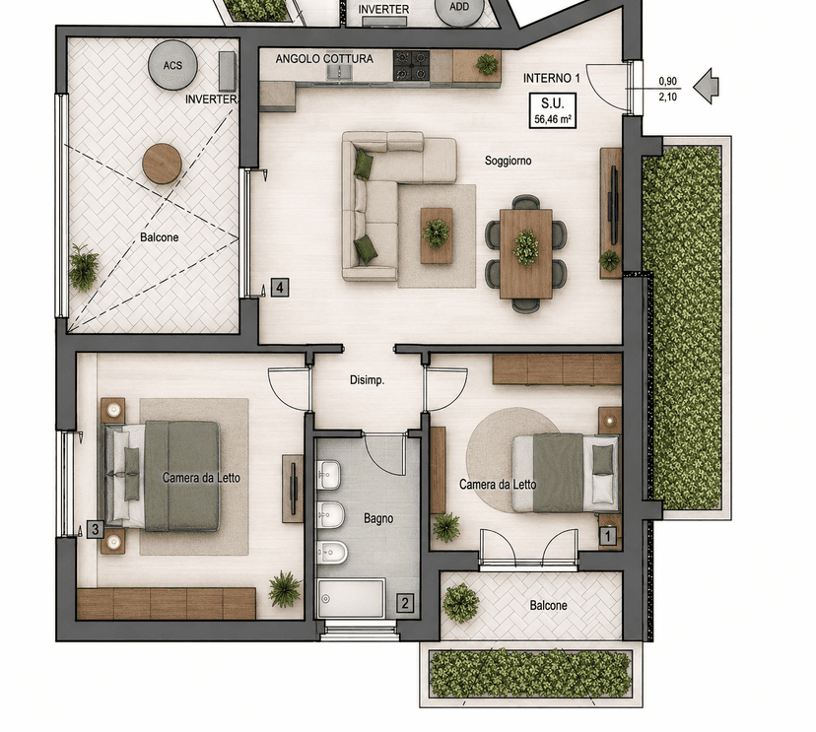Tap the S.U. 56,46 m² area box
pyautogui.click(x=553, y=110)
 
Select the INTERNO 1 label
pyautogui.click(x=551, y=78)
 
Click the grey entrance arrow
pyautogui.click(x=707, y=86)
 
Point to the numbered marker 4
pyautogui.click(x=280, y=287)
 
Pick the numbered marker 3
pyautogui.click(x=96, y=530)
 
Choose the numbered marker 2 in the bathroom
pyautogui.click(x=405, y=604)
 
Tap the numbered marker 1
pyautogui.click(x=608, y=536)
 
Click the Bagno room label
pyautogui.click(x=378, y=518)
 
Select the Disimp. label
pyautogui.click(x=368, y=380)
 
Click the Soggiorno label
pyautogui.click(x=508, y=161)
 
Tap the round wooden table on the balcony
pyautogui.click(x=162, y=164)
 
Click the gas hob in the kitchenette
pyautogui.click(x=411, y=65)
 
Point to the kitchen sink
pyautogui.click(x=340, y=72)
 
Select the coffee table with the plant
pyautogui.click(x=437, y=235)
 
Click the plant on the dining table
pyautogui.click(x=525, y=247)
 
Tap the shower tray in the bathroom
pyautogui.click(x=352, y=598)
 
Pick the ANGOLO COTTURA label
pyautogui.click(x=324, y=59)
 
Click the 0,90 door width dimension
pyautogui.click(x=668, y=81)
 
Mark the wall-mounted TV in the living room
pyautogui.click(x=614, y=206)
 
